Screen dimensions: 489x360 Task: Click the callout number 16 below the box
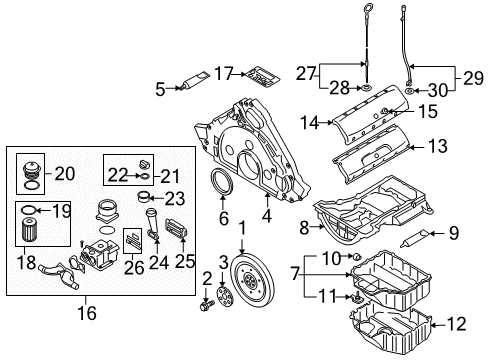(x=87, y=313)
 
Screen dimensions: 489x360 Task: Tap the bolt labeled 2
(x=207, y=305)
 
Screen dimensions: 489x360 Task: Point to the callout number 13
(x=438, y=146)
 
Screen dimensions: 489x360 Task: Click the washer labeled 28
(x=366, y=88)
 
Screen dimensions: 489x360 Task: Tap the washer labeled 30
(x=409, y=90)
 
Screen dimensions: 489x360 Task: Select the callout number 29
(x=473, y=78)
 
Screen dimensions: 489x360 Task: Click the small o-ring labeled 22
(x=145, y=175)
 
